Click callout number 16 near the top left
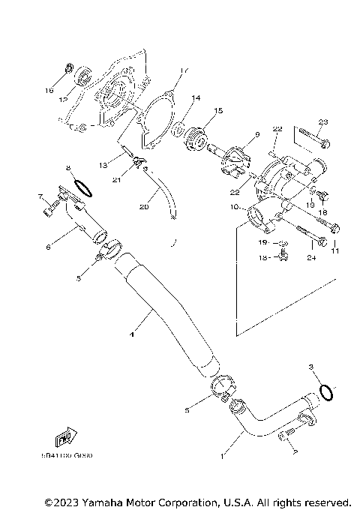point(49,90)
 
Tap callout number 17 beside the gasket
point(182,71)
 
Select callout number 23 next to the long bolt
point(323,122)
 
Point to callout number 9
point(256,134)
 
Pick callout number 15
point(219,110)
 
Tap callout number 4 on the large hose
point(133,337)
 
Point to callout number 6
point(48,246)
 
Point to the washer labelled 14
point(180,133)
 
